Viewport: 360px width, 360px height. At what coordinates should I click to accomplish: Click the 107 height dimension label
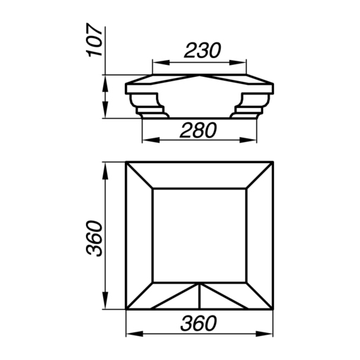95,40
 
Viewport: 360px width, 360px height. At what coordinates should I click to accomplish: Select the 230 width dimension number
203,50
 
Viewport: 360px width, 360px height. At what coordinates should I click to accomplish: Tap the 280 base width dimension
198,130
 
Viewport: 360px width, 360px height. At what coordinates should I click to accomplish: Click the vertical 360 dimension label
94,238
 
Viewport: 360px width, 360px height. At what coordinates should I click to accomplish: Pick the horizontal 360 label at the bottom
198,323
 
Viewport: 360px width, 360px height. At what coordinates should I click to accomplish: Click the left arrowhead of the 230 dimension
161,63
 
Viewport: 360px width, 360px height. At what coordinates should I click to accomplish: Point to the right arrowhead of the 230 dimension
238,63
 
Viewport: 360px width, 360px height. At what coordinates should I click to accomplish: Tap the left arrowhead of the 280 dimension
151,140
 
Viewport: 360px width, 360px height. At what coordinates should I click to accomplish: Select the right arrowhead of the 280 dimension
248,140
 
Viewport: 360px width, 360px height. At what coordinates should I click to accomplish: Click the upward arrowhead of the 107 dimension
105,84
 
